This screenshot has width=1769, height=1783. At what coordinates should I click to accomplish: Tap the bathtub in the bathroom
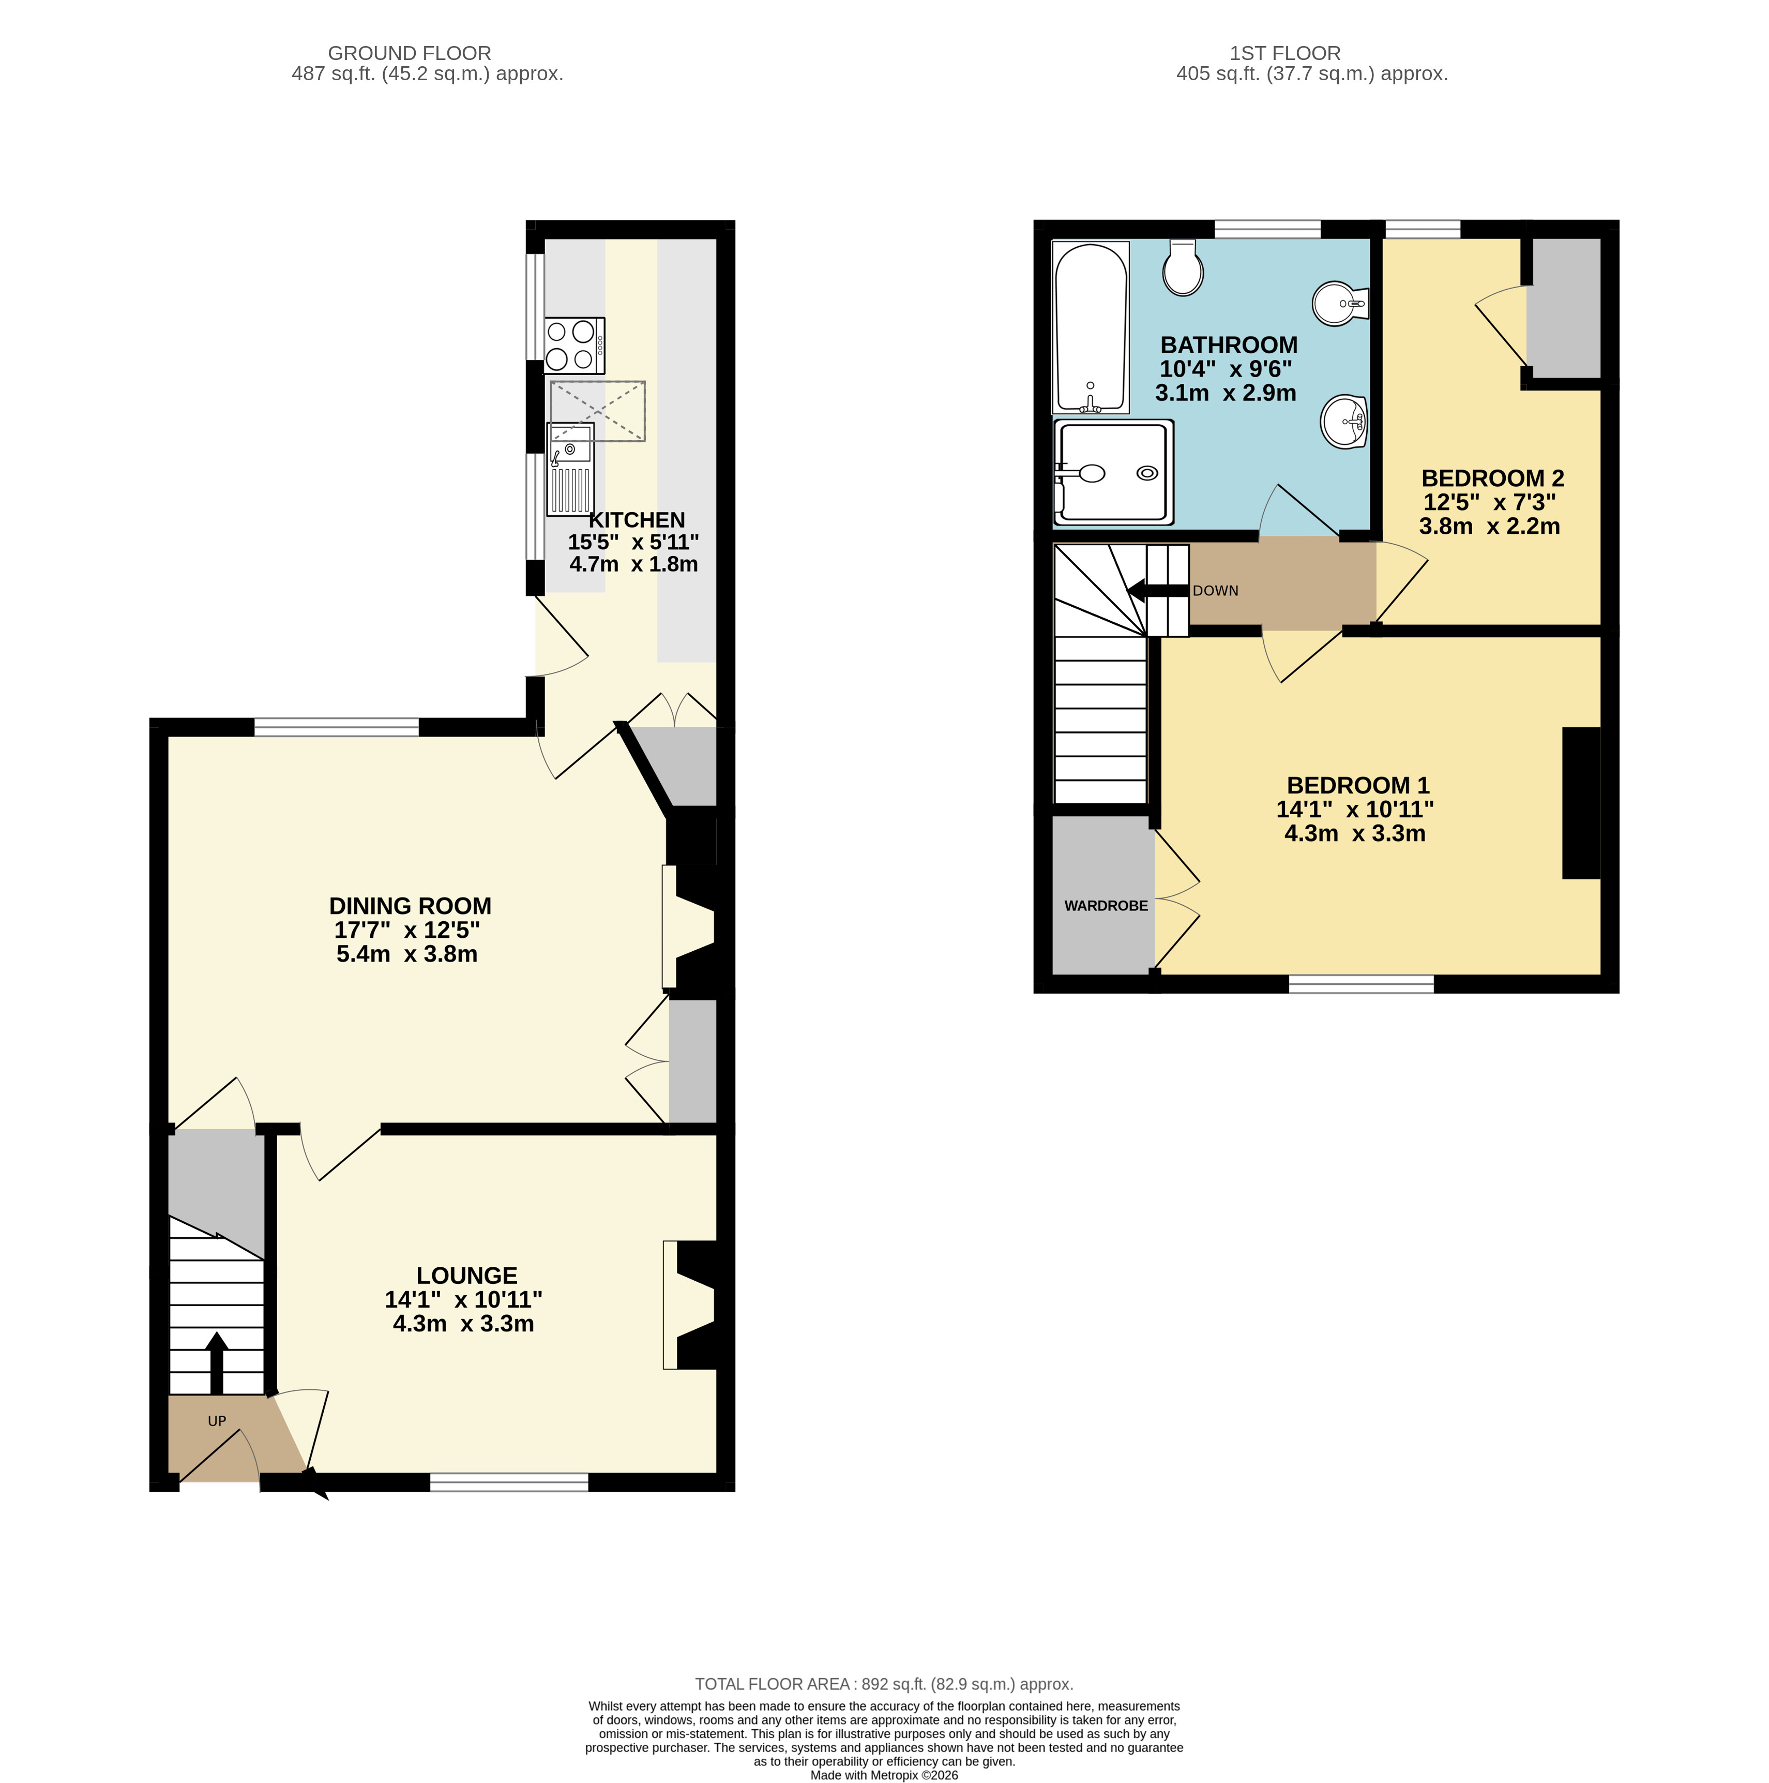tap(1091, 327)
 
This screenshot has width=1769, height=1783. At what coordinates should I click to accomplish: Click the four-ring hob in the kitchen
tap(574, 345)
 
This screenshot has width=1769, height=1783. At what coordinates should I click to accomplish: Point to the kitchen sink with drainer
tap(570, 469)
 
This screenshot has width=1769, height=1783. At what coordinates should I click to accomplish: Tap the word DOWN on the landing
tap(1215, 591)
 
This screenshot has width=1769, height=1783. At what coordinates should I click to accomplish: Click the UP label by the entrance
tap(217, 1421)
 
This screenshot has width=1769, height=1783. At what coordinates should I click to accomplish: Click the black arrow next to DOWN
tap(1158, 591)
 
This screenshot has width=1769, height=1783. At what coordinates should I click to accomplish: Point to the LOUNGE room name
tap(467, 1276)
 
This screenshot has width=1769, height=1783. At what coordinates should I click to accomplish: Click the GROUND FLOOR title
tap(410, 53)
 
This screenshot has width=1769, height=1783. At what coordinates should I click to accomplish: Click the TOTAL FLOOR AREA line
tap(884, 1710)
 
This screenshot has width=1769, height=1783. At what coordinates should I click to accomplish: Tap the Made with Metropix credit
tap(884, 1775)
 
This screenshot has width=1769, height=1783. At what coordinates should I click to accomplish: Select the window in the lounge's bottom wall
tap(509, 1482)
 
